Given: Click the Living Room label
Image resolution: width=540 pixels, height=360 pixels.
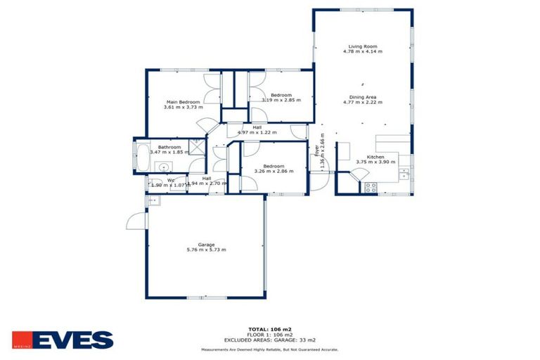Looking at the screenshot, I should pos(361,46).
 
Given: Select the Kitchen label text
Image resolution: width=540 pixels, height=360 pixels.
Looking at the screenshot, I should pos(375,157).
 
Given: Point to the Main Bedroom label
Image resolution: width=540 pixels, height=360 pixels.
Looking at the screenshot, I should pos(183,102).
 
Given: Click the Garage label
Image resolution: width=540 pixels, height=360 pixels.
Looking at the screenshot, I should pos(206,245).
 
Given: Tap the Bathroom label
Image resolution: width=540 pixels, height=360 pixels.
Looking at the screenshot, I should pos(169,146).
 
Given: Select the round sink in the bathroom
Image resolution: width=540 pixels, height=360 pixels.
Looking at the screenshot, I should pos(164,167).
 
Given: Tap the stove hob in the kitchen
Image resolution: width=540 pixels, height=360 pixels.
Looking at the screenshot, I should pos(371,187).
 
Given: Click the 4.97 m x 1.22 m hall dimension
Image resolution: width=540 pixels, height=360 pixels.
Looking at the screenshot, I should pos(257,132).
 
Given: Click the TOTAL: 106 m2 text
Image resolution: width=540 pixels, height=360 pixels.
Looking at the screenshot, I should pos(269,329).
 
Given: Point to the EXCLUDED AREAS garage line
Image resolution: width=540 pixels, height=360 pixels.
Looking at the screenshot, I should pos(270,340).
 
